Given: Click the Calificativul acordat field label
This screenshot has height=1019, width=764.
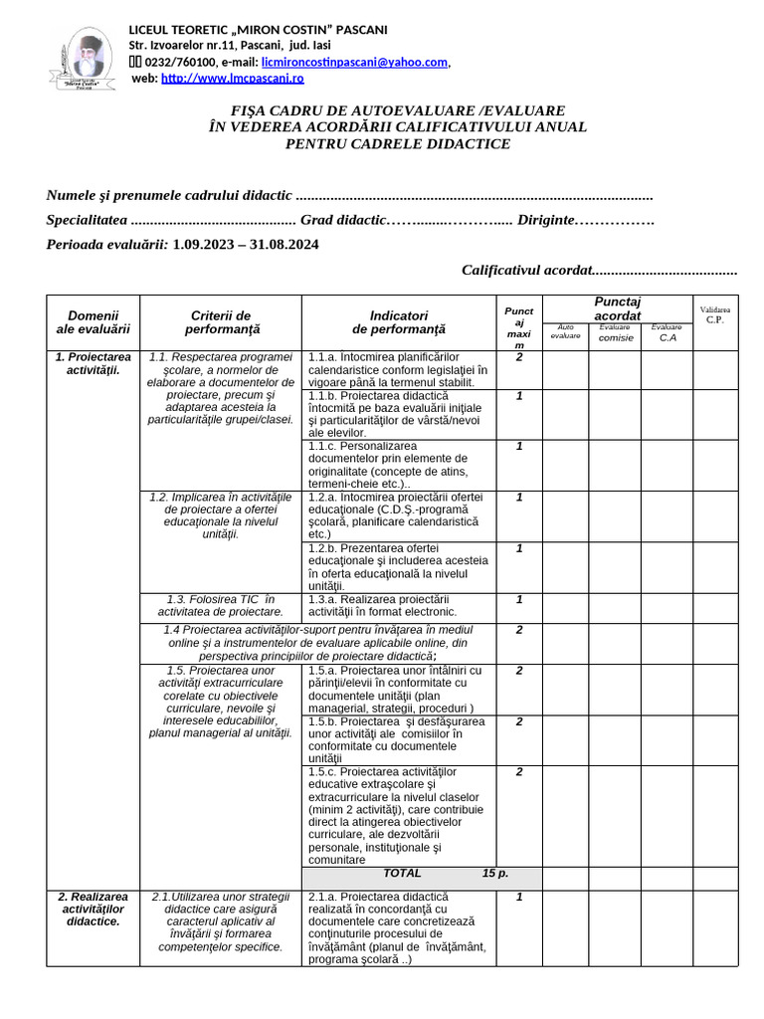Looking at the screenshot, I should (526, 270).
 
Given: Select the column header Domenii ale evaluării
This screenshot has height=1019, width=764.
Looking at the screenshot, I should (94, 321).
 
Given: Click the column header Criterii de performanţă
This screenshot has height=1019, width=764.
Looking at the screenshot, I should (221, 321).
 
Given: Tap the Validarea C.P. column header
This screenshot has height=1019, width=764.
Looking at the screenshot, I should (714, 315).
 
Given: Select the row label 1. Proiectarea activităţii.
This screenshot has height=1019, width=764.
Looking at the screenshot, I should (94, 363).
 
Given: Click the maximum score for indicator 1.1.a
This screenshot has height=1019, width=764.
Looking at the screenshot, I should (519, 357).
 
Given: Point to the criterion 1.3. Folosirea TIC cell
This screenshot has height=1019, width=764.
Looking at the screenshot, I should (221, 605).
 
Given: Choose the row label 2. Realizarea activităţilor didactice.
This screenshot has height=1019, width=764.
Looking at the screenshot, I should (94, 909).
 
